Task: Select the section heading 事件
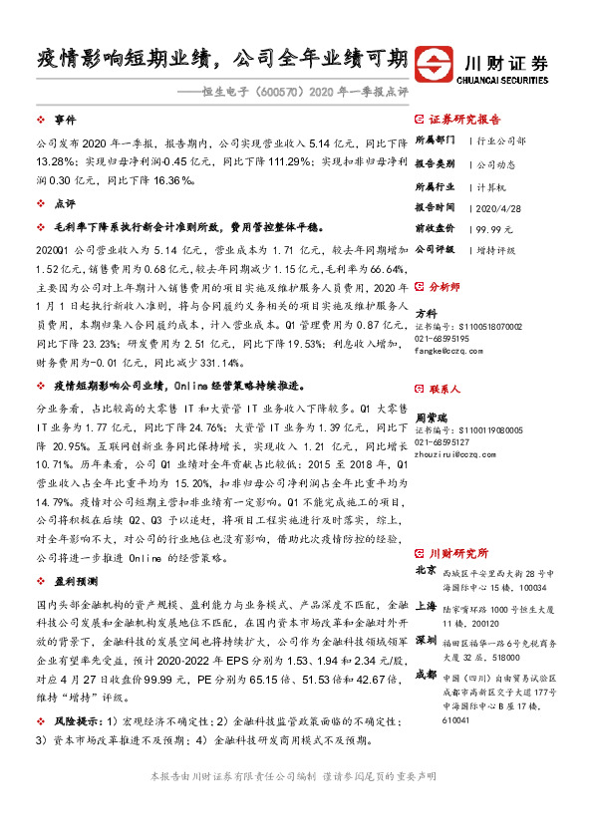65,118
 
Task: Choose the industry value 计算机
487,186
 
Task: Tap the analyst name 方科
426,312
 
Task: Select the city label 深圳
426,639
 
